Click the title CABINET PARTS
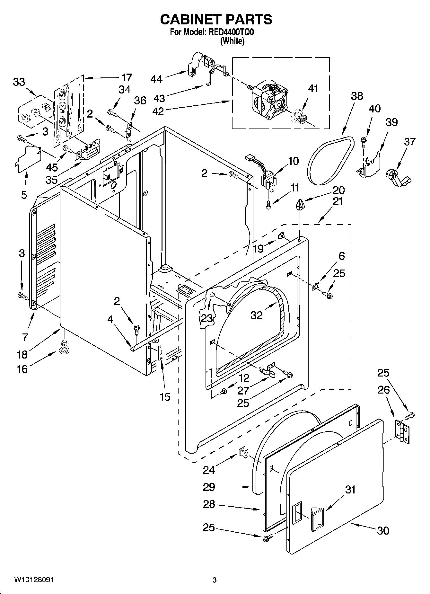coord(216,20)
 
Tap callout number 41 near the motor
coord(313,88)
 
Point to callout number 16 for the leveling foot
coord(22,369)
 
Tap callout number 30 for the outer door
coord(383,530)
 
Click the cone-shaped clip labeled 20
coord(300,204)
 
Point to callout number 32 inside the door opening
coord(257,315)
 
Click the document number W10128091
coord(34,580)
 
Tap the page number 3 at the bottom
coord(214,580)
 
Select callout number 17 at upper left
coord(127,77)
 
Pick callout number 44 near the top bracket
coord(156,79)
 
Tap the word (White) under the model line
coord(232,41)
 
